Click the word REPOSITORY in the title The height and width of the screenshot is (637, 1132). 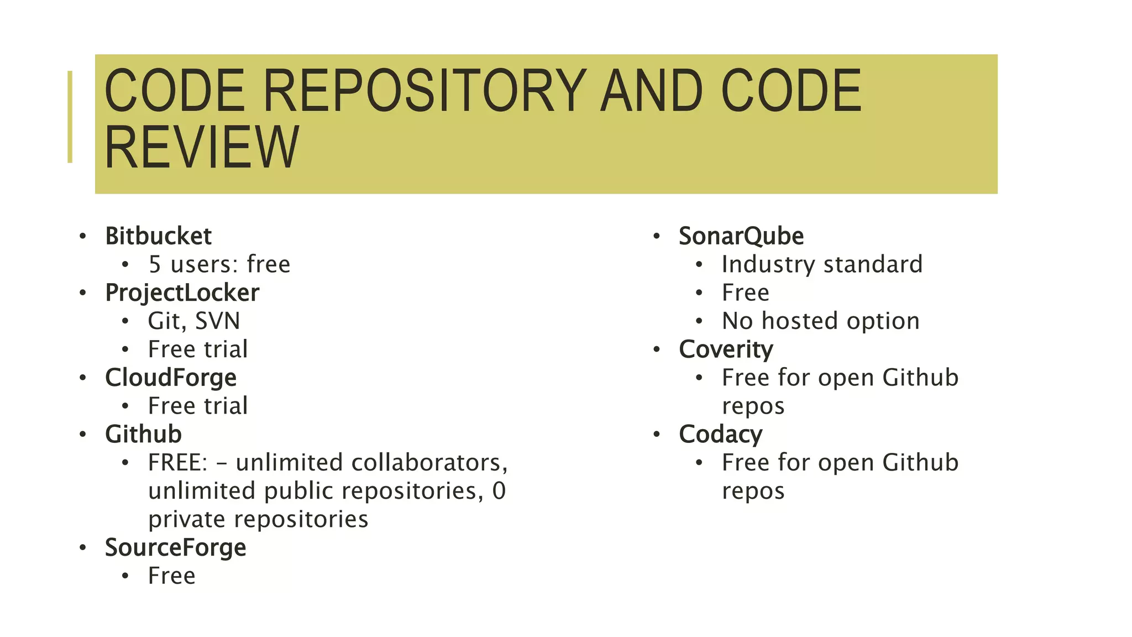[x=424, y=90]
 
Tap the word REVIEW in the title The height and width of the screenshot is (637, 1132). [x=202, y=148]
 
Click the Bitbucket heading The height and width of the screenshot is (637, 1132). [x=158, y=236]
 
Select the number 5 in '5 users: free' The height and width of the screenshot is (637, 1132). [x=155, y=265]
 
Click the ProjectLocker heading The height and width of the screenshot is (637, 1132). [x=182, y=293]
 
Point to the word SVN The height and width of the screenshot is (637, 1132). [x=217, y=321]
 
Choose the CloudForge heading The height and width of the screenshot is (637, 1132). [x=171, y=378]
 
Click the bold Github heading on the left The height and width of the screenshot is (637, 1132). [x=143, y=434]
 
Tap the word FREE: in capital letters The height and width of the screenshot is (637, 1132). [x=177, y=463]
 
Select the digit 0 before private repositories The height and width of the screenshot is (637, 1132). [x=499, y=491]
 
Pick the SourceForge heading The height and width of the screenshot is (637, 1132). [x=175, y=547]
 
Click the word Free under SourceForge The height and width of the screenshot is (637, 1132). [x=171, y=576]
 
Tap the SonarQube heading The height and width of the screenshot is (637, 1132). [x=741, y=236]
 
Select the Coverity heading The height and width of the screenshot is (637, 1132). [x=726, y=349]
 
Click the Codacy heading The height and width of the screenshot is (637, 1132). [x=720, y=434]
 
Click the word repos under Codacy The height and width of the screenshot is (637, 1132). [x=753, y=491]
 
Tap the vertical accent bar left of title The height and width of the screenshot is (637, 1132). [x=70, y=117]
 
